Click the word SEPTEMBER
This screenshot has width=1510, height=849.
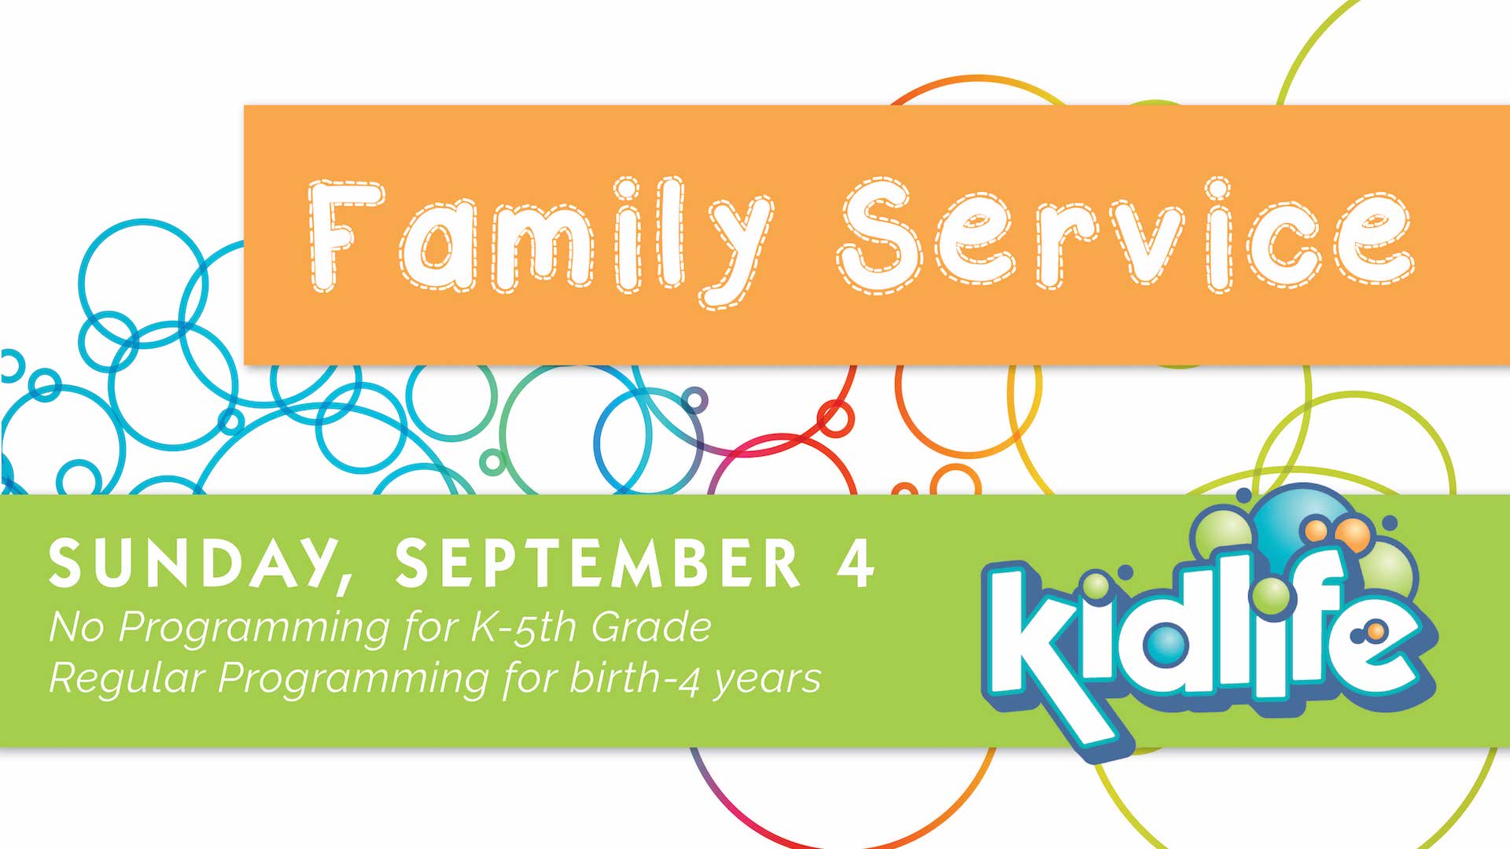(598, 563)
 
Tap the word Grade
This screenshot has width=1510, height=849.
(650, 627)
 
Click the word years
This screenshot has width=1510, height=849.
(767, 681)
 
